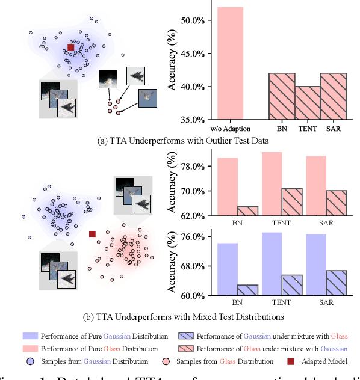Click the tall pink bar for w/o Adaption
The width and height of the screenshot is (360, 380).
[x=226, y=63]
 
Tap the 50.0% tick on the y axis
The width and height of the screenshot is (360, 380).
[x=192, y=20]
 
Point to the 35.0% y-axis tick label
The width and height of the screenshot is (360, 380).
[x=192, y=120]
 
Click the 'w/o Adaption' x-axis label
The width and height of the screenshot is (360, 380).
[x=226, y=129]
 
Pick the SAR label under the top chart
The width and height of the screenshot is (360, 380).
[x=334, y=129]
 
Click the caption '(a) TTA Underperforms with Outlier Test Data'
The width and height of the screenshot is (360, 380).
[x=181, y=141]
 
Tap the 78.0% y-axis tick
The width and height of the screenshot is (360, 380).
[x=196, y=166]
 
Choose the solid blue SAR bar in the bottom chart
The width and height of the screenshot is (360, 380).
[x=315, y=265]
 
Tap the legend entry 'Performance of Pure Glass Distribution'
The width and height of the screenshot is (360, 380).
[x=99, y=348]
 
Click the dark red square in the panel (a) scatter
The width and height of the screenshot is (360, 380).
[x=70, y=47]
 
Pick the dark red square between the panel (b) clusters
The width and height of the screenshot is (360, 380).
[x=92, y=234]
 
